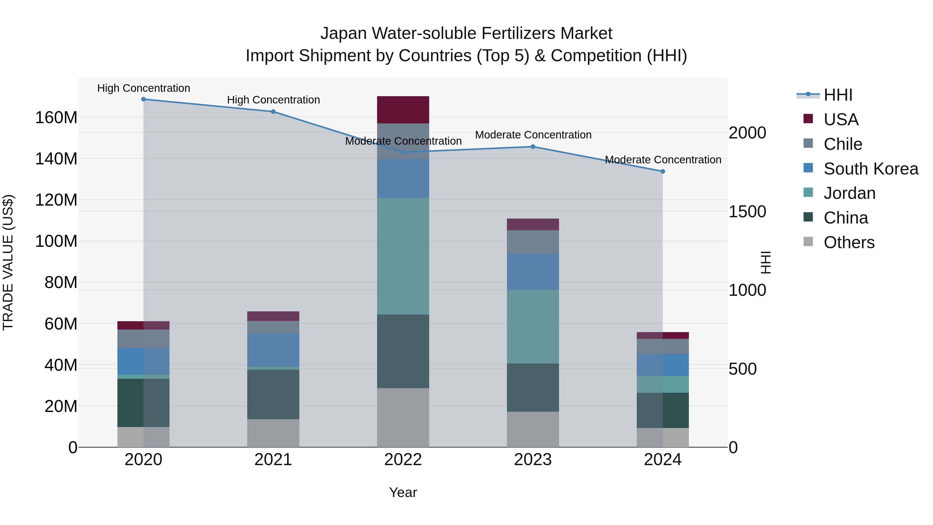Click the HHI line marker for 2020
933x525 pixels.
coord(143,99)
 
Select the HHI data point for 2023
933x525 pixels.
coord(533,147)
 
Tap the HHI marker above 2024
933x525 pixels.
coord(662,171)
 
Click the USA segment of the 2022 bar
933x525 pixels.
coord(403,110)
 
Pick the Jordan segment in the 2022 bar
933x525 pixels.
coord(403,256)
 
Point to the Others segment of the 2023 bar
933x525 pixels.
coord(533,429)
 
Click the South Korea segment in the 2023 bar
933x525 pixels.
coord(533,272)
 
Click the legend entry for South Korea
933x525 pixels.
coord(871,169)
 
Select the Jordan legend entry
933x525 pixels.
coord(849,193)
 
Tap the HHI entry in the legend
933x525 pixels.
coord(838,95)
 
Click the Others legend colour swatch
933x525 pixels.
coord(808,242)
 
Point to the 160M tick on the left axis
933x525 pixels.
coord(56,118)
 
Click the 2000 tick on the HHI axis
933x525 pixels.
coord(747,133)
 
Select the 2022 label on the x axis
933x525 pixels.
coord(403,460)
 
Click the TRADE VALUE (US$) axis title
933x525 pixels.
coord(8,262)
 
